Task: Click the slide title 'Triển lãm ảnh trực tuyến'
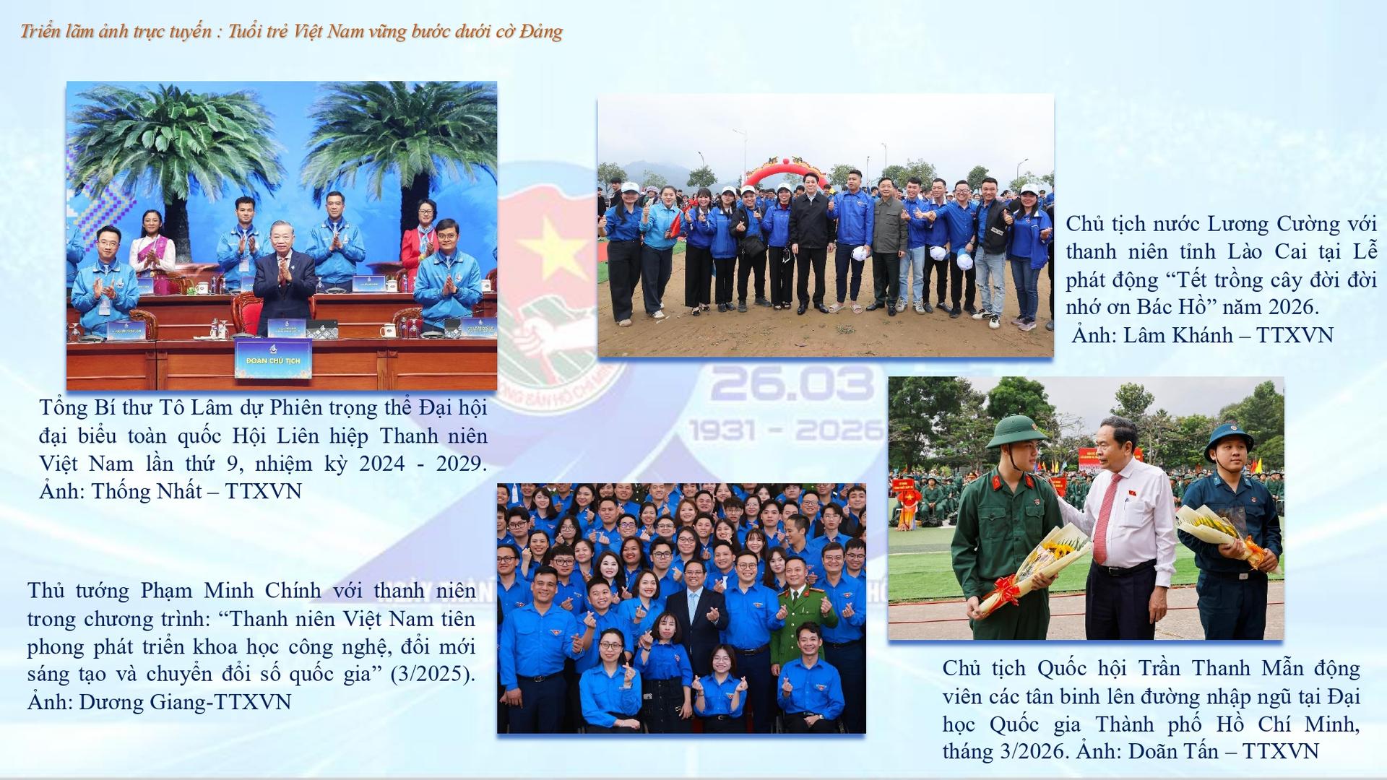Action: coord(116,32)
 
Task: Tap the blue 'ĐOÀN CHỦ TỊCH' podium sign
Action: coord(272,360)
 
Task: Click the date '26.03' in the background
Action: coord(792,383)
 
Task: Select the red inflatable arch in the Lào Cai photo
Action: coord(786,169)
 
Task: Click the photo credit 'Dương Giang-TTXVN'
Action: coord(185,702)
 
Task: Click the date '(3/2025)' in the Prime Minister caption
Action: coord(433,675)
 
